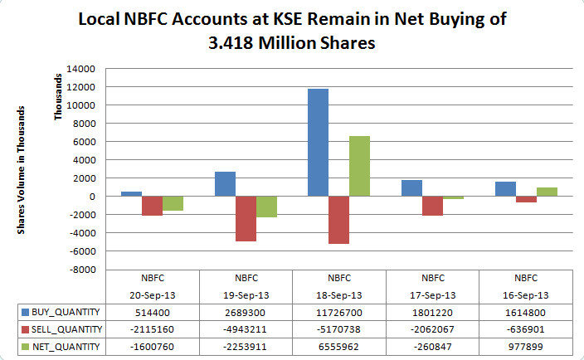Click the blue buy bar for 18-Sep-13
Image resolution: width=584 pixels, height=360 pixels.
318,142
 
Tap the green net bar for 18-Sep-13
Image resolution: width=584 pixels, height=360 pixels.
359,166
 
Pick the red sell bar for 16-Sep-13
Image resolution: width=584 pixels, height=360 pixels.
526,199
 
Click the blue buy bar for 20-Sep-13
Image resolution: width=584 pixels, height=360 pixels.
131,193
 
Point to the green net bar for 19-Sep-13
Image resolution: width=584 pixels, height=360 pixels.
266,207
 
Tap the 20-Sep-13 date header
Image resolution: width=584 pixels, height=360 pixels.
152,294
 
